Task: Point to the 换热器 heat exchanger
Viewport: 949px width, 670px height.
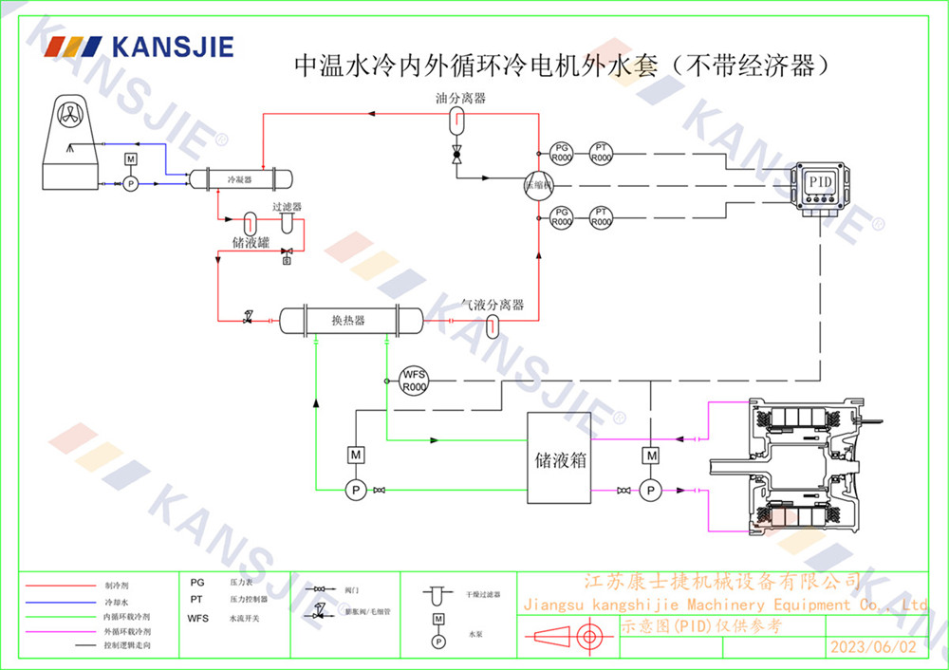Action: coord(347,321)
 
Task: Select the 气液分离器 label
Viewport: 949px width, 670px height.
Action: coord(493,305)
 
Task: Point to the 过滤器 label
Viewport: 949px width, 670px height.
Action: coord(286,206)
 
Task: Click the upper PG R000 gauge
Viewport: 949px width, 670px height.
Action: coord(562,153)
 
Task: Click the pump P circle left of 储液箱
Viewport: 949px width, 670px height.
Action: coord(356,490)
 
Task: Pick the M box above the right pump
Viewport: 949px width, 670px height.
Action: coord(651,456)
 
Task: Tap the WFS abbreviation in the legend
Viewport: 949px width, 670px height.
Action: coord(197,618)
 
